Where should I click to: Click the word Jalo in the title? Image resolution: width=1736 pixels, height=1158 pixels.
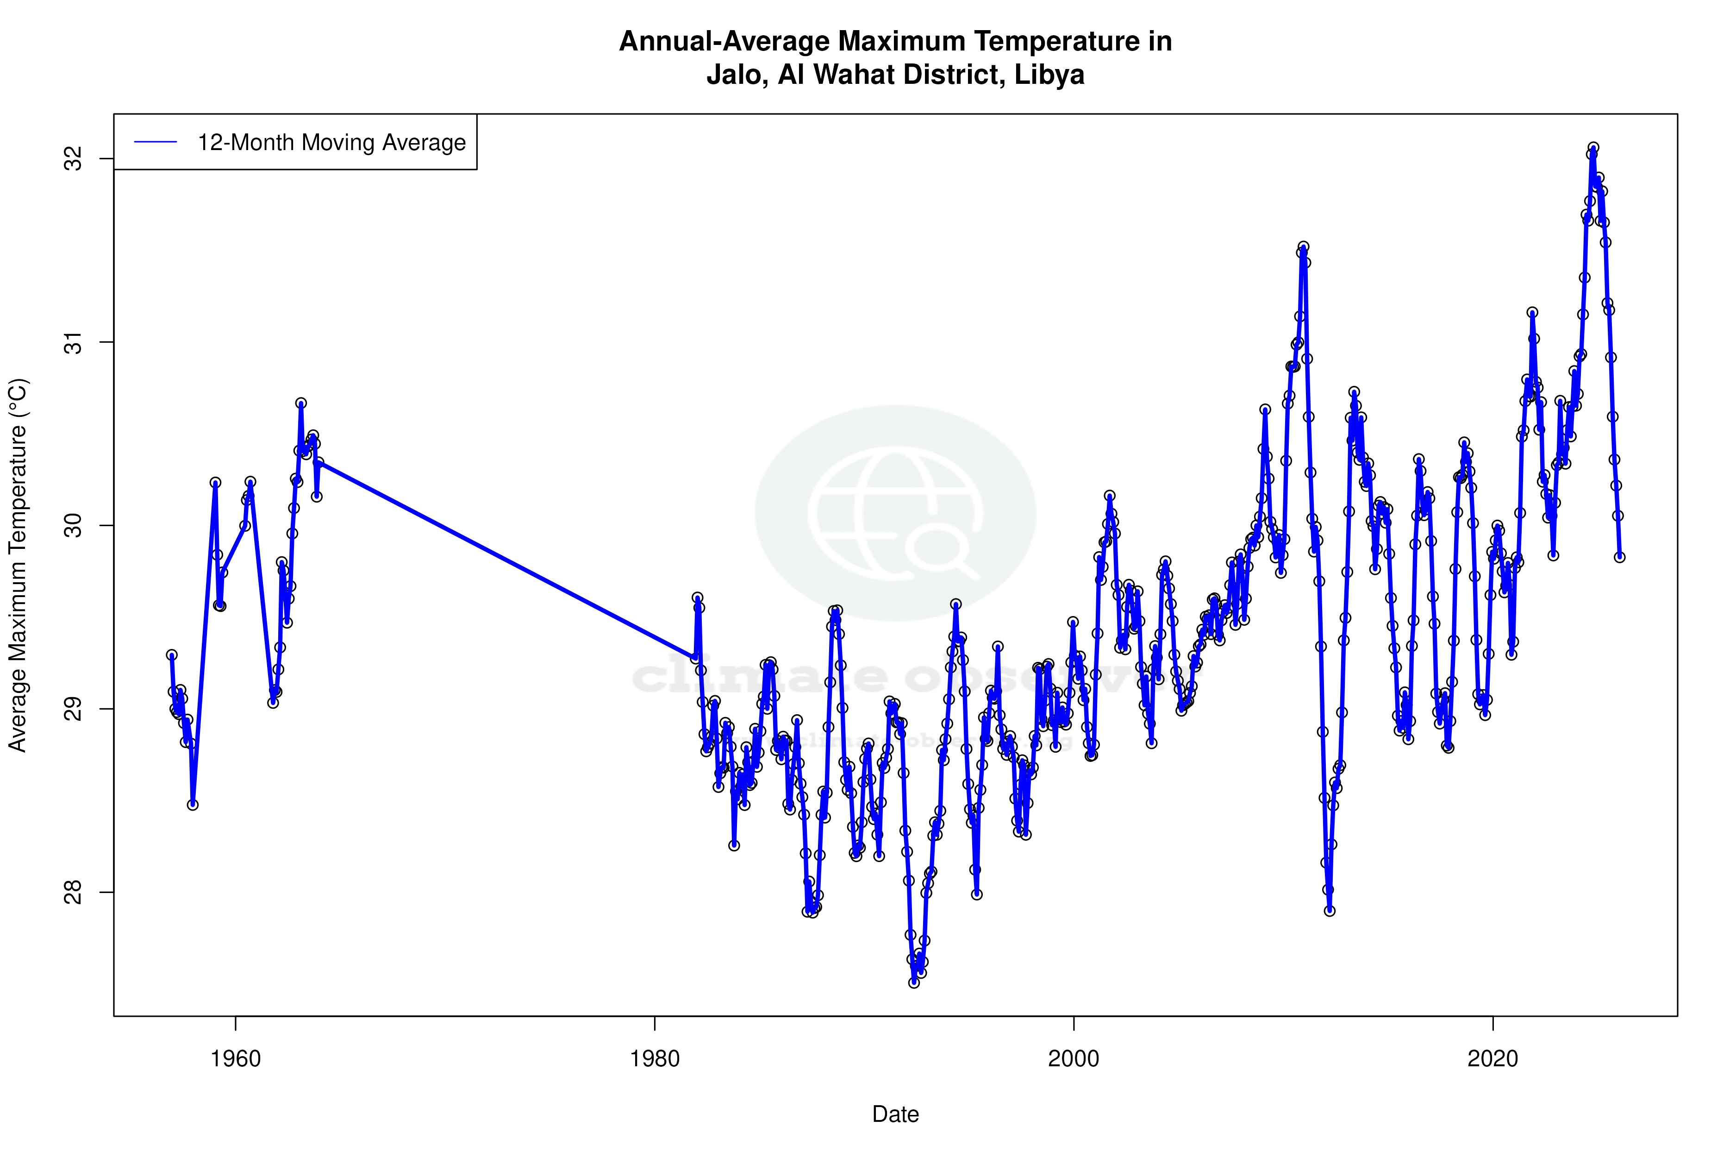coord(734,75)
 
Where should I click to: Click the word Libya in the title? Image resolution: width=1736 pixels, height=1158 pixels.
coord(1049,75)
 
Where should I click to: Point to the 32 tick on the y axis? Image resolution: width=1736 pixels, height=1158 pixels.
coord(74,159)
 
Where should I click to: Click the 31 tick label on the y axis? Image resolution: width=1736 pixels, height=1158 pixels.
coord(74,342)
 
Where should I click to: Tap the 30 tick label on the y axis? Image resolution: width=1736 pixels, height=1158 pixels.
coord(74,525)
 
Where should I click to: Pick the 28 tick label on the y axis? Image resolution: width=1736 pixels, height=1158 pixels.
coord(74,892)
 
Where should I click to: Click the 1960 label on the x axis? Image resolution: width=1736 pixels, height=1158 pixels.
coord(236,1059)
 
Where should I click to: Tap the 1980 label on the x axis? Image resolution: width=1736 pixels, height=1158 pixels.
coord(655,1059)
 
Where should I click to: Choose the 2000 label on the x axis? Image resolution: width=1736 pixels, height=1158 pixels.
coord(1074,1059)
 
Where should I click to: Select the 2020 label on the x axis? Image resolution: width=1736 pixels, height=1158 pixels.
coord(1492,1059)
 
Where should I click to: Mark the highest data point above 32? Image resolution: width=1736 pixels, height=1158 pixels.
coord(1593,148)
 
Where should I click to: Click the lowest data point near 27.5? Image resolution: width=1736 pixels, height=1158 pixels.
coord(914,982)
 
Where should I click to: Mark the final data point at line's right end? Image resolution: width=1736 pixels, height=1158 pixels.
coord(1619,557)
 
